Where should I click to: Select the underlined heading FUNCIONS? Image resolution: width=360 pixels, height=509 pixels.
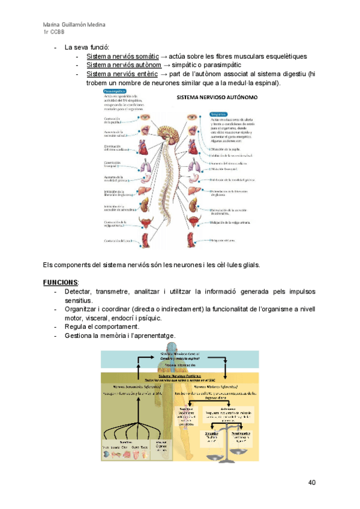coord(61,282)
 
